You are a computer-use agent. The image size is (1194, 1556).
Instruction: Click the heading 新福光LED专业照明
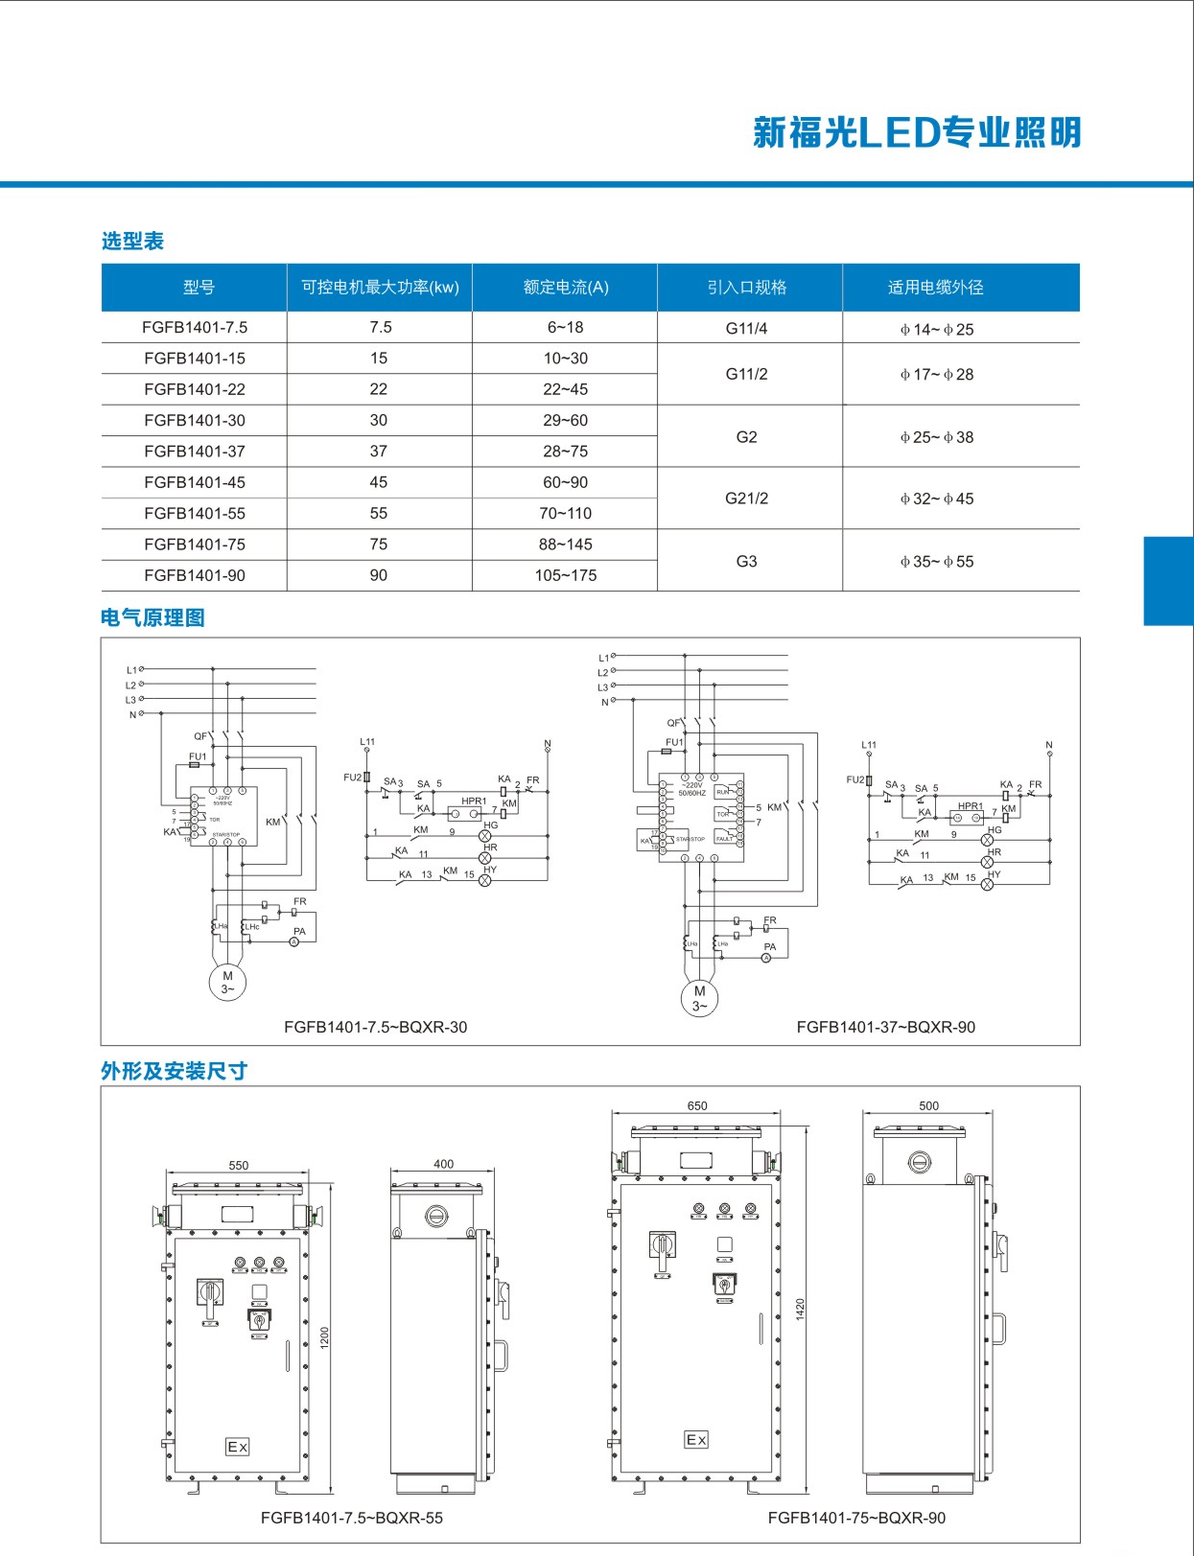tap(917, 132)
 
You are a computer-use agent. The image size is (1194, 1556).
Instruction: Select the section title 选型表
tap(132, 241)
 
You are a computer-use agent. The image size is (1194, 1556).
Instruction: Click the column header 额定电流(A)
tap(566, 287)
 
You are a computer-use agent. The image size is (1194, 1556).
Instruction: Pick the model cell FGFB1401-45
tap(195, 482)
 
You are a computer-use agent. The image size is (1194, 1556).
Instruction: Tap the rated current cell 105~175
tap(566, 575)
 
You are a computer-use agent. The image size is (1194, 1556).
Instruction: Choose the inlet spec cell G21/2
tap(746, 499)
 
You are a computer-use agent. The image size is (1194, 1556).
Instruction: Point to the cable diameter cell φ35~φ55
tap(936, 562)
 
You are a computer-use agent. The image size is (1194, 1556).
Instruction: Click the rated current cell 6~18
tap(566, 327)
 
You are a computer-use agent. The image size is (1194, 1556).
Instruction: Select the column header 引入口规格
tap(746, 287)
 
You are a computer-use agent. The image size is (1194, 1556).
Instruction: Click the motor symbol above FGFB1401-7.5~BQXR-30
tap(227, 982)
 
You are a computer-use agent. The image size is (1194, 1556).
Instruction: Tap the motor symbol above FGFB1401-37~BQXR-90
tap(699, 998)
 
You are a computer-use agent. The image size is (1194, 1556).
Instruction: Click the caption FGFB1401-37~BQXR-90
tap(885, 1027)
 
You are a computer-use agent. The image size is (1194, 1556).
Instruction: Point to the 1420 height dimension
tap(801, 1309)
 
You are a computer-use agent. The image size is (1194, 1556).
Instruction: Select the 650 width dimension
tap(697, 1105)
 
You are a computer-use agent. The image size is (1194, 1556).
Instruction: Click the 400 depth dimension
tap(443, 1164)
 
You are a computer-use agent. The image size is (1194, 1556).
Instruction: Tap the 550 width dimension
tap(239, 1165)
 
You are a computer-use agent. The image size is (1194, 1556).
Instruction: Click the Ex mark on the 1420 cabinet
tap(696, 1439)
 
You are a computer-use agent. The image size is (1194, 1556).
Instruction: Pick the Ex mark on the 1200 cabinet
tap(237, 1447)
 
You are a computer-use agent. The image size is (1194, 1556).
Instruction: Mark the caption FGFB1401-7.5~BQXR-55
tap(352, 1518)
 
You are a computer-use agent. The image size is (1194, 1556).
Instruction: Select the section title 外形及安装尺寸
tap(174, 1071)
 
